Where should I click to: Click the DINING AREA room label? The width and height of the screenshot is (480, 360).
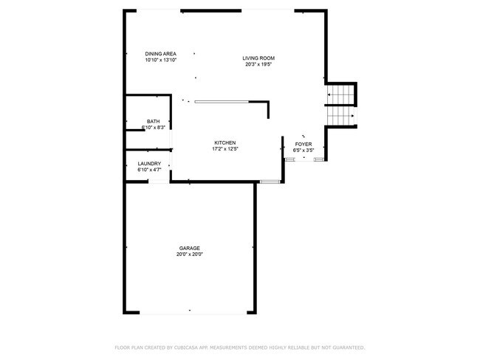(x=160, y=54)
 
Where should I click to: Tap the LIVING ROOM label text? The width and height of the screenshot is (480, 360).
(x=259, y=58)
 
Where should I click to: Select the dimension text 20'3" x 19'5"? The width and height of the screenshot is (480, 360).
(x=259, y=64)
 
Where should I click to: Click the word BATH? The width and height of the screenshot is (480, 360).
(x=153, y=122)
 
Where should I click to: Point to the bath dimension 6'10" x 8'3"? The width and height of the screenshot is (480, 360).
(x=153, y=128)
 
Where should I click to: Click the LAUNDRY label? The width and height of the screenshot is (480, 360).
(x=149, y=164)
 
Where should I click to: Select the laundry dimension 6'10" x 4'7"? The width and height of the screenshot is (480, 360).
(x=149, y=170)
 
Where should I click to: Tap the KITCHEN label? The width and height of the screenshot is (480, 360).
(x=225, y=142)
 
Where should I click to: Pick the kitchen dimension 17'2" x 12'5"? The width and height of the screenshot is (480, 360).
(x=225, y=148)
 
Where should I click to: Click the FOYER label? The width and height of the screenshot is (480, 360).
(x=304, y=144)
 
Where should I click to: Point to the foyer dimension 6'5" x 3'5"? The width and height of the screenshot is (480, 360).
(x=304, y=150)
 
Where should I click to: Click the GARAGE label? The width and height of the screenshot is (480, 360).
(x=190, y=248)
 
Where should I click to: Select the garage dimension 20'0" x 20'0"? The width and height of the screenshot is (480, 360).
(x=190, y=254)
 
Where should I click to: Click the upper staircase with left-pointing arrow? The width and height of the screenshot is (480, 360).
(x=341, y=95)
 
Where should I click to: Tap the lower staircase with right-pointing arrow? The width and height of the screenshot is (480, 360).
(x=341, y=117)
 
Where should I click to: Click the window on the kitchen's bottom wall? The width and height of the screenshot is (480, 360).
(x=270, y=181)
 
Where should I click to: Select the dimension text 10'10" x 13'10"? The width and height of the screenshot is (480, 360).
(x=160, y=60)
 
